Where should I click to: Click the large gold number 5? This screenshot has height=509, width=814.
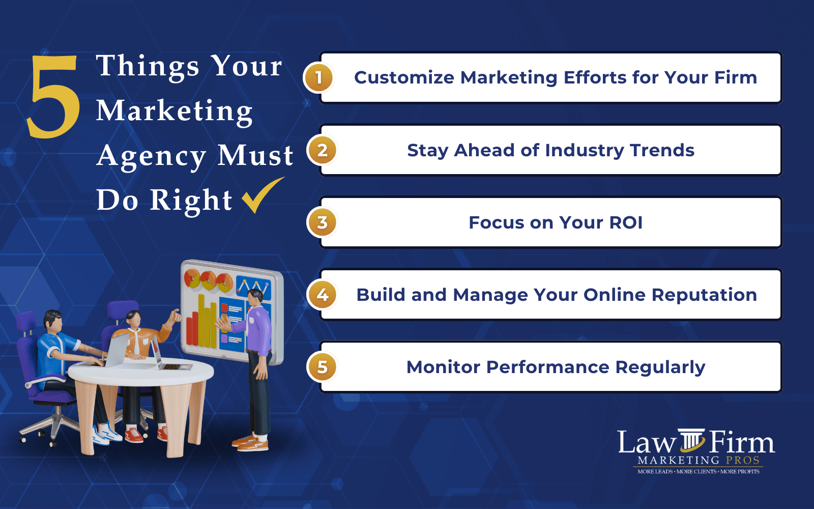[x=53, y=97]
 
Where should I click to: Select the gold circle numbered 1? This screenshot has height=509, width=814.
[x=318, y=77]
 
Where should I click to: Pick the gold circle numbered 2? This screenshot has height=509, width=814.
[x=322, y=150]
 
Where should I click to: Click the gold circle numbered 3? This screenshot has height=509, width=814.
[x=322, y=222]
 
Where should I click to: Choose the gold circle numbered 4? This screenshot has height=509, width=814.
[x=322, y=295]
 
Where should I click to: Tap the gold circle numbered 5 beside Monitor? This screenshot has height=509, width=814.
[x=322, y=367]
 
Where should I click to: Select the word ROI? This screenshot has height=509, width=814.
[x=626, y=222]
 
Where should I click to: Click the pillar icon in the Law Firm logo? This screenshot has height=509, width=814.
[x=692, y=440]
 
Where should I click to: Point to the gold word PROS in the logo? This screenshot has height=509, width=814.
[x=742, y=460]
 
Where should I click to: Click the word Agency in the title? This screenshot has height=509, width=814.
[x=151, y=156]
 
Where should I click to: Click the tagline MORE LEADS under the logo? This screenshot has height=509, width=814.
[x=655, y=472]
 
